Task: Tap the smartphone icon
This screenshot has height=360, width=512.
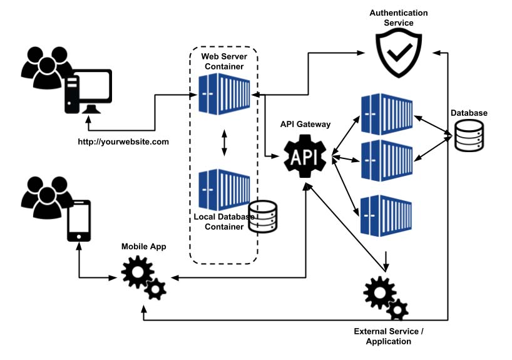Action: click(x=79, y=220)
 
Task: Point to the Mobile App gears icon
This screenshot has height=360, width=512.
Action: click(x=143, y=277)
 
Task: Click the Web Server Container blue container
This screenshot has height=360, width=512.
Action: click(x=223, y=95)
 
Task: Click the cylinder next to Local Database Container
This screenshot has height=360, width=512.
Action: click(x=263, y=217)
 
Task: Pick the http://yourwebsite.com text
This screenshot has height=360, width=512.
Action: click(x=123, y=141)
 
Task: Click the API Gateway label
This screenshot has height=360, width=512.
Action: click(x=305, y=125)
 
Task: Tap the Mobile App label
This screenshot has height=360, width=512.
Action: click(x=144, y=247)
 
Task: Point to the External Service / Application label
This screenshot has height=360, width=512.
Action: click(x=392, y=336)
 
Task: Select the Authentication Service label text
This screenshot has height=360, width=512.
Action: click(x=399, y=18)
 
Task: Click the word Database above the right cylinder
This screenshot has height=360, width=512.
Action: click(x=469, y=113)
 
